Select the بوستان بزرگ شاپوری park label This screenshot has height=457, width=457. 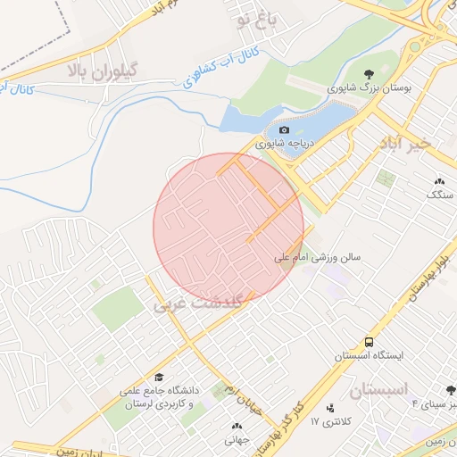point(365,88)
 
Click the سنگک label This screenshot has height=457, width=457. point(440,193)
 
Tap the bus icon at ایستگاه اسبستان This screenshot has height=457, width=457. point(369,342)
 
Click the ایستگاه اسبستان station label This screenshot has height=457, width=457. point(369,355)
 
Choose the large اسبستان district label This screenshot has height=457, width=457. point(378,390)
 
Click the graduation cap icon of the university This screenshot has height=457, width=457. point(160,377)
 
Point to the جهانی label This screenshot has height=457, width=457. point(237,439)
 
